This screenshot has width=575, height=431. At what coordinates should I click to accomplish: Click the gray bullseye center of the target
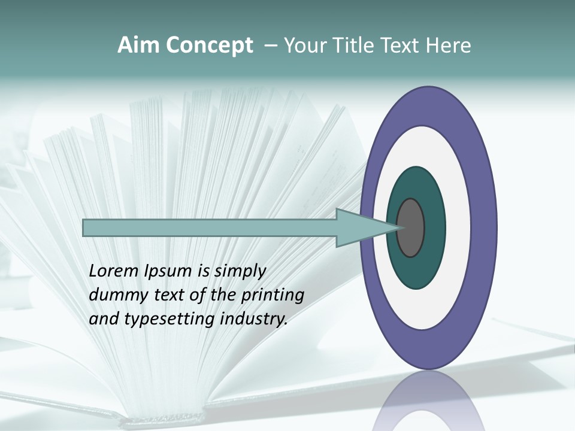pyautogui.click(x=411, y=228)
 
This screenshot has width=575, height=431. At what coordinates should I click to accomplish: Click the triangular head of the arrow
pyautogui.click(x=359, y=228)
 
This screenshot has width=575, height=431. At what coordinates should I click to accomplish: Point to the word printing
pyautogui.click(x=273, y=295)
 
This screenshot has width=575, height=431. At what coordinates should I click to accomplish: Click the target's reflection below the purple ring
pyautogui.click(x=428, y=401)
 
